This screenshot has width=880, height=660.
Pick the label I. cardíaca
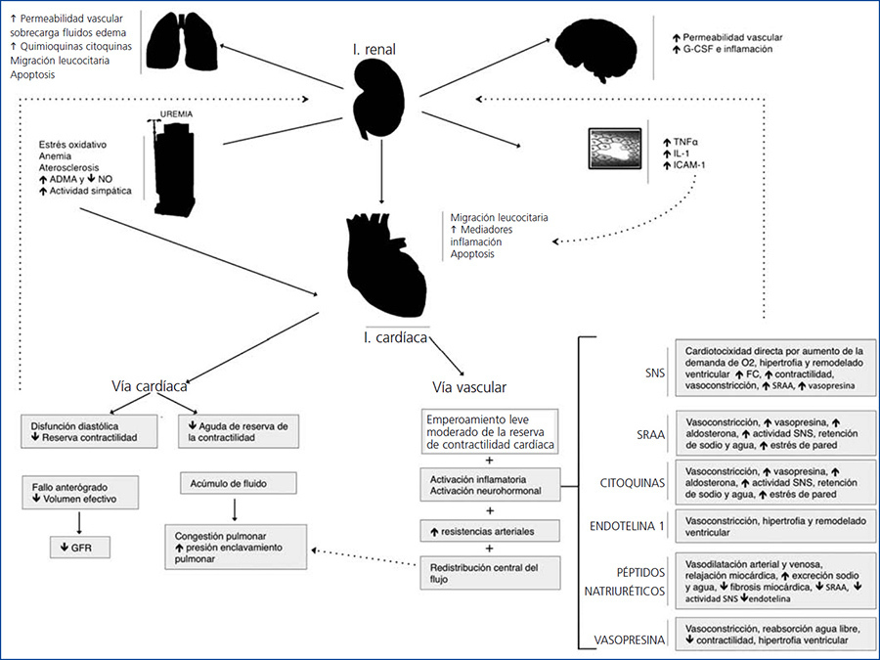coord(396,337)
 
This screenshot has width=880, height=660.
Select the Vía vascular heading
coord(468,386)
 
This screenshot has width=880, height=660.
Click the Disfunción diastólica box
coord(93,430)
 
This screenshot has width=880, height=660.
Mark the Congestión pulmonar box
coord(235,548)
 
